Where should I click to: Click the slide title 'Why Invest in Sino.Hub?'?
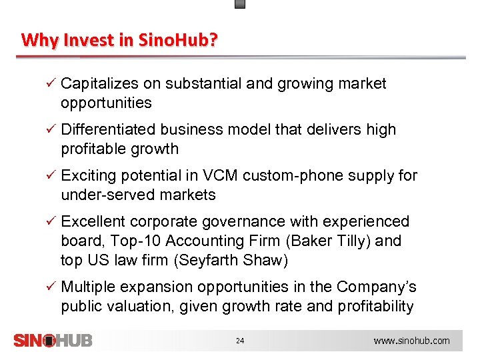point(119,40)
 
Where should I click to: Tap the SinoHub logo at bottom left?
point(53,340)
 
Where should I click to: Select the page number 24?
point(240,341)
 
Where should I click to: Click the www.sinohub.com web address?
point(411,341)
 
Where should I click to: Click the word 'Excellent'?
point(93,222)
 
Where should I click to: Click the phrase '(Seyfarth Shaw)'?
point(230,261)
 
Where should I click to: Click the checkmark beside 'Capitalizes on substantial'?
point(49,84)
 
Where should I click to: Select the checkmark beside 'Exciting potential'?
point(49,176)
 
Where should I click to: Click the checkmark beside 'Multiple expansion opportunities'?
point(49,287)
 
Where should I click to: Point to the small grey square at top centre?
point(241,3)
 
